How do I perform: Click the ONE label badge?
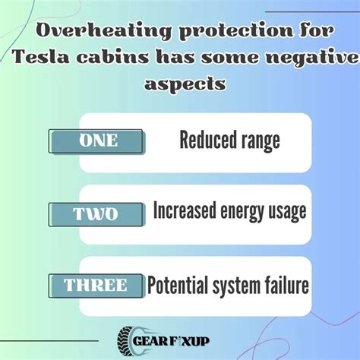click(96, 141)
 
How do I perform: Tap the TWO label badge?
click(96, 215)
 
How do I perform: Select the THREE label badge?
click(96, 286)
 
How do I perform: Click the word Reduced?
click(205, 141)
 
